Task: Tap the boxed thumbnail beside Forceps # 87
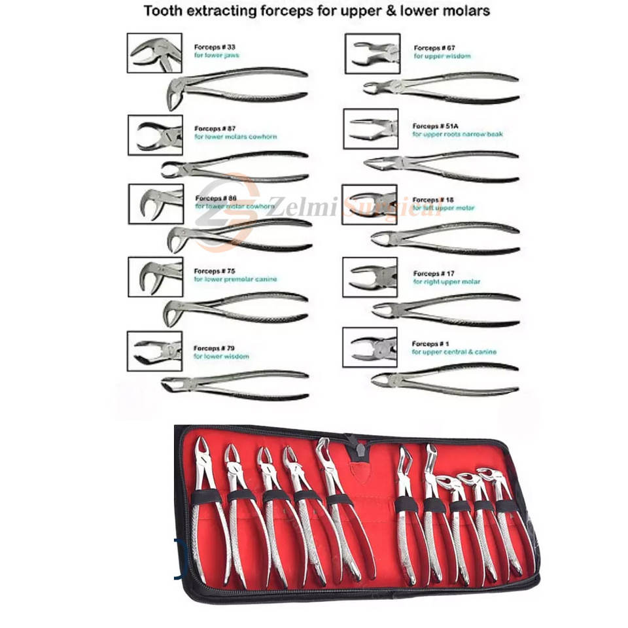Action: click(x=155, y=135)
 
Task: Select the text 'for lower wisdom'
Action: click(x=221, y=357)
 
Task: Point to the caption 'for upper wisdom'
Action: click(x=442, y=56)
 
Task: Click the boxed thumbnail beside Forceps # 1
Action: click(x=370, y=347)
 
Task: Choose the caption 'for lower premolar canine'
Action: click(x=235, y=279)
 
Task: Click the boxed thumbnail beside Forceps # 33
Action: click(x=154, y=53)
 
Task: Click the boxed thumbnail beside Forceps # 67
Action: click(x=372, y=53)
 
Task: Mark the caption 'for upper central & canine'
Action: click(x=454, y=352)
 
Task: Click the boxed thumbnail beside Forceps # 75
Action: click(x=155, y=277)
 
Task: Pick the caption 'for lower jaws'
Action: click(x=217, y=56)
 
